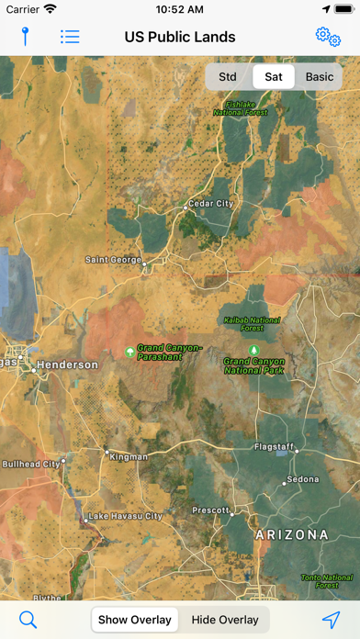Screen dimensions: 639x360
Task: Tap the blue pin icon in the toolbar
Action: coord(26,37)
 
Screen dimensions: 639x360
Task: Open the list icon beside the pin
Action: coord(70,37)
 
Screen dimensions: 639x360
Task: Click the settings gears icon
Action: coord(328,37)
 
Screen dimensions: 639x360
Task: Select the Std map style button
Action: coord(227,77)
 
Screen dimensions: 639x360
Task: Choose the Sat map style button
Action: coord(274,77)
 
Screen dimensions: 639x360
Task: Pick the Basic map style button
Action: coord(320,77)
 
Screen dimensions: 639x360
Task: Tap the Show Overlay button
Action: coord(135,620)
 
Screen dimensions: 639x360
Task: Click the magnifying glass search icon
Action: coord(28,620)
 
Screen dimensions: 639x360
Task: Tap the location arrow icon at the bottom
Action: coord(331,620)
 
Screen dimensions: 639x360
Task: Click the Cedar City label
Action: coord(210,203)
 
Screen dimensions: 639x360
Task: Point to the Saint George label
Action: coord(113,260)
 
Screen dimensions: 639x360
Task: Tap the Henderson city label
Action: coord(66,364)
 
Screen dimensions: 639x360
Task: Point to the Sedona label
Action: coord(302,479)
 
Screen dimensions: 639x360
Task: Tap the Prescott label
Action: coord(210,510)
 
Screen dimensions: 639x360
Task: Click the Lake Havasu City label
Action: coord(125,516)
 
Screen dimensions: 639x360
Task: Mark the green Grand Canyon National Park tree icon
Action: coord(254,350)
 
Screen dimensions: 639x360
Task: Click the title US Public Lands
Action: coord(180,37)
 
